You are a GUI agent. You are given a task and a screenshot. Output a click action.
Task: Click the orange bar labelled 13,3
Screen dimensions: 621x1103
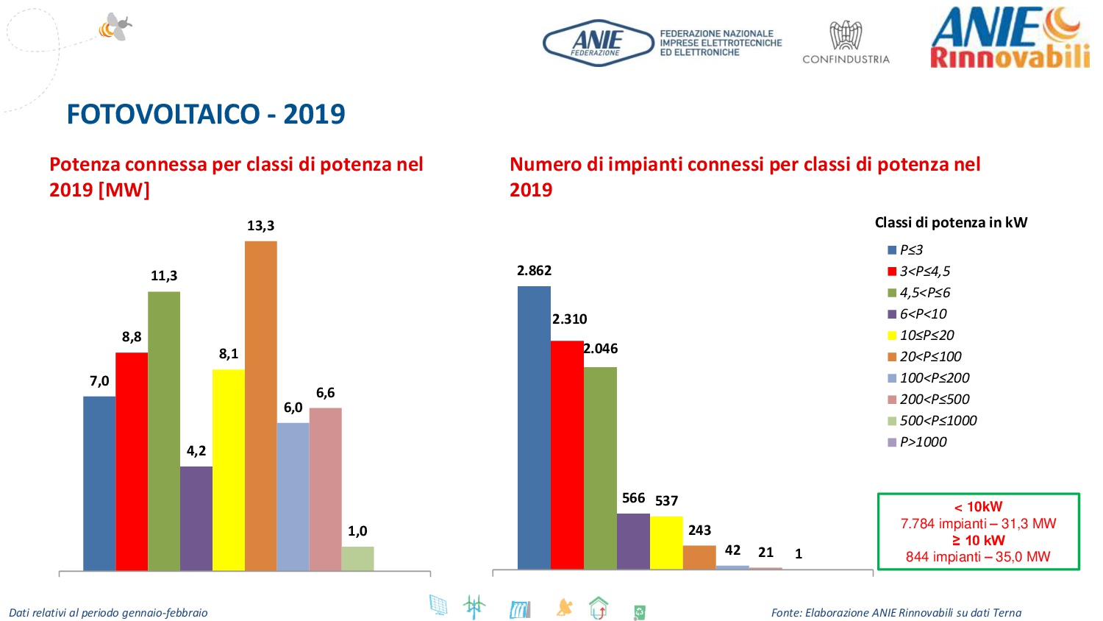point(260,405)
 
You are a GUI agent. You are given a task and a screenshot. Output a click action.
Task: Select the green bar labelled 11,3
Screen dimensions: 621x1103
point(164,430)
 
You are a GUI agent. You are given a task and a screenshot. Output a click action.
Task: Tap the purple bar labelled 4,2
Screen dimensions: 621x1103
point(196,518)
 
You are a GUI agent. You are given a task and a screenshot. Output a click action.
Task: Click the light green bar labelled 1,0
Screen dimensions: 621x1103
point(357,558)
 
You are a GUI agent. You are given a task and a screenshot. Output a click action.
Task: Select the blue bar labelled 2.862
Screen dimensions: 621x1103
point(534,427)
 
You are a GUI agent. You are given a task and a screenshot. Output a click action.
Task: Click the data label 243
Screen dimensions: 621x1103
point(699,530)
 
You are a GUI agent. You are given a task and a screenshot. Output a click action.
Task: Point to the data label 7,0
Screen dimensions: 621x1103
point(99,381)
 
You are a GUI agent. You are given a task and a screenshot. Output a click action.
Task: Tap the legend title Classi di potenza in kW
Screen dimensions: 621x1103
point(951,222)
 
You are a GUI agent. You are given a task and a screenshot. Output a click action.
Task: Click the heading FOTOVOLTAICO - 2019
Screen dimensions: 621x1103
point(206,114)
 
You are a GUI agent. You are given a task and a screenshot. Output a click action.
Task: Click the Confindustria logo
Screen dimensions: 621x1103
point(846,43)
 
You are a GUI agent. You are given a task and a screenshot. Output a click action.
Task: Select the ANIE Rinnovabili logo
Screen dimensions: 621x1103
point(1010,38)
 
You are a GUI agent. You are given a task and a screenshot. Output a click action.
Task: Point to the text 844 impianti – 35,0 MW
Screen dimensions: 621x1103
point(978,557)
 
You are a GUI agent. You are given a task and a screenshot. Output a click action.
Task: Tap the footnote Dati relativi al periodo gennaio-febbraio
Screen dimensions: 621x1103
point(108,612)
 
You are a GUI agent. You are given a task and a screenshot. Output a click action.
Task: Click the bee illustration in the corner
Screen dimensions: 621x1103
point(116,27)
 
